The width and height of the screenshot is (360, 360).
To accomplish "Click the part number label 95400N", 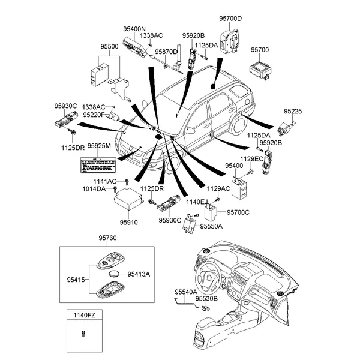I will point(134,28).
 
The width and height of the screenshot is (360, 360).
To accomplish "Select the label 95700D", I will point(230,19).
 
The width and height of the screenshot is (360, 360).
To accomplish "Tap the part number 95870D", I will point(166,52).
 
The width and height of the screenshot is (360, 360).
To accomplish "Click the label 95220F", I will point(94,114).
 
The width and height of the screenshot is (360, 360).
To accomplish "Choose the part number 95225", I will point(293,112).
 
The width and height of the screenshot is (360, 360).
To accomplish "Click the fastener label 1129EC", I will point(252,158).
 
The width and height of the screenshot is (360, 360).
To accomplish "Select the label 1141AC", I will point(104,181).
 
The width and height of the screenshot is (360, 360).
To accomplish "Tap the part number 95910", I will point(128,222).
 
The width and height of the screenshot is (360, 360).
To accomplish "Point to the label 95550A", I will point(211,226).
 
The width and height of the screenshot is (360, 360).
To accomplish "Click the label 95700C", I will point(238,212).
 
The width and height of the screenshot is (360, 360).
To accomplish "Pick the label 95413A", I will point(139,274).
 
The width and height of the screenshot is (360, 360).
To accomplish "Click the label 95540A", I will point(186,292).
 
